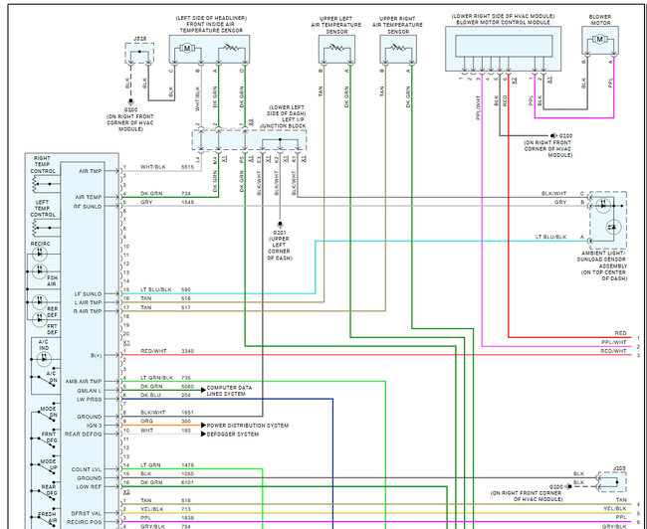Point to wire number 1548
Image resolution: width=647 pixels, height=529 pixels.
click(187, 202)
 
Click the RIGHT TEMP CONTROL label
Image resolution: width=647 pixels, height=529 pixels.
click(43, 164)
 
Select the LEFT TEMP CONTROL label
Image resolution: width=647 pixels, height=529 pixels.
click(43, 210)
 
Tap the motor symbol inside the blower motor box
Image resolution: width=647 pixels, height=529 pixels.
click(599, 38)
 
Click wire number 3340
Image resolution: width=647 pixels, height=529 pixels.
click(188, 352)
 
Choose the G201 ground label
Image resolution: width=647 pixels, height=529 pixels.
click(280, 233)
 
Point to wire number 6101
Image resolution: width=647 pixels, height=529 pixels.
click(187, 482)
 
